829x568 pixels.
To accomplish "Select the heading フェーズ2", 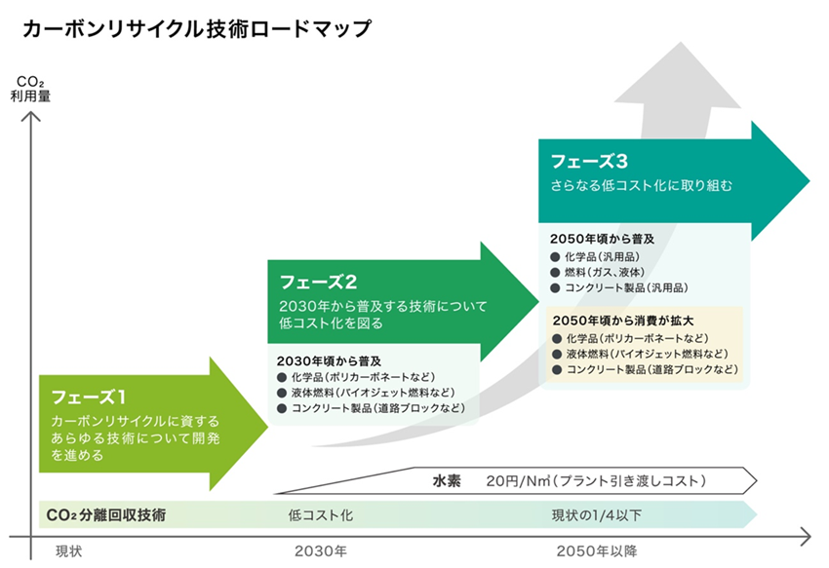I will (x=319, y=283).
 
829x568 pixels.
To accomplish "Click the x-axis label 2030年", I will (x=321, y=550).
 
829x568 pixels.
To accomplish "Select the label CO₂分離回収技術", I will (x=105, y=514).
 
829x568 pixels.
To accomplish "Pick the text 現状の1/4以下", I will (x=597, y=514).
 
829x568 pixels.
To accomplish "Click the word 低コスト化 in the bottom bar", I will (x=321, y=514).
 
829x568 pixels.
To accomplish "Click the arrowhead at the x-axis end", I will (x=805, y=535).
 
